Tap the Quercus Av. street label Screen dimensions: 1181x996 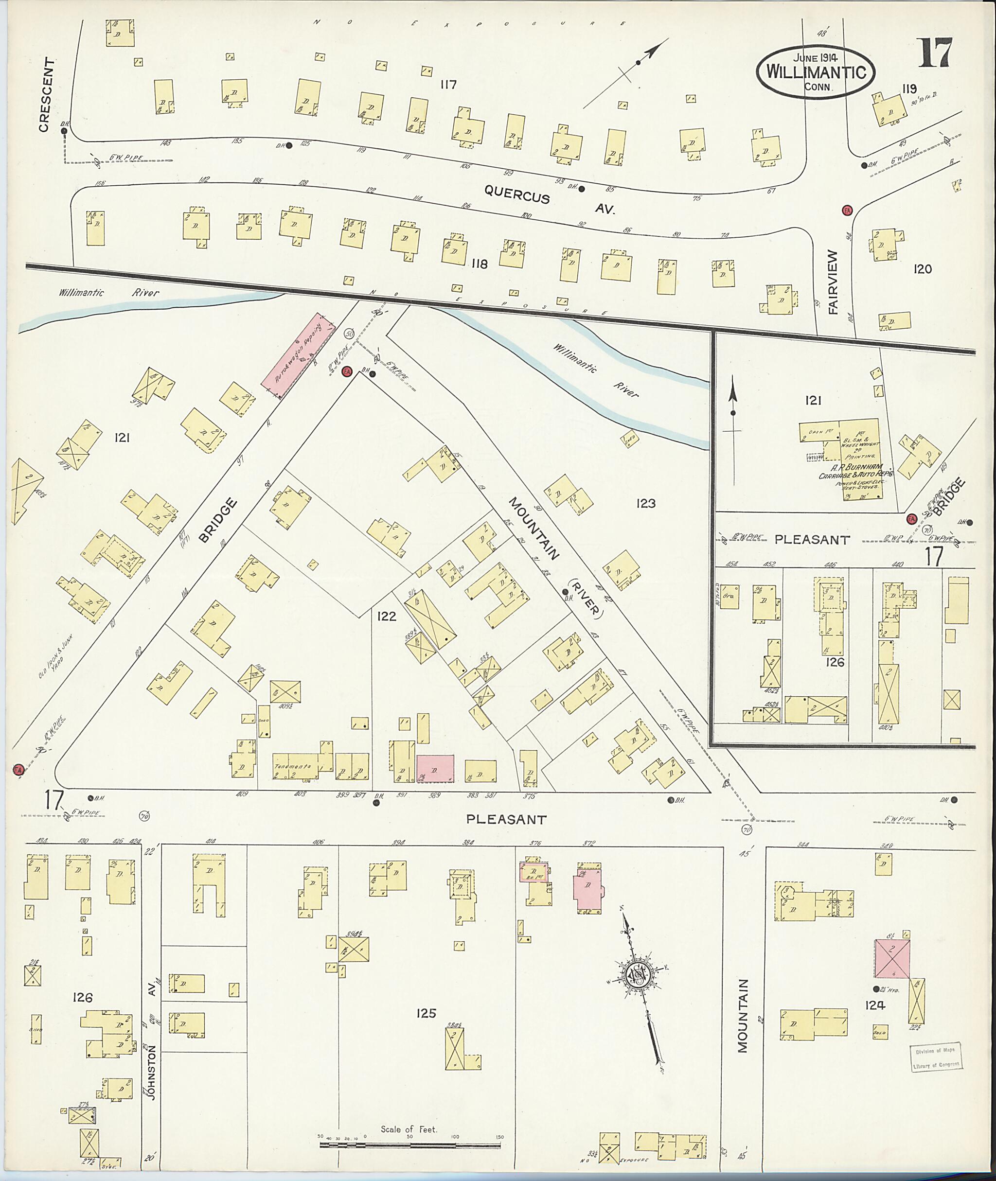click(549, 202)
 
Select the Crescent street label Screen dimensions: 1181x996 click(48, 95)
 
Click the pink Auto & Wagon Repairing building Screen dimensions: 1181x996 click(298, 357)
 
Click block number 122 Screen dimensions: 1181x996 click(386, 616)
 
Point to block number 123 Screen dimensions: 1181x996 click(645, 503)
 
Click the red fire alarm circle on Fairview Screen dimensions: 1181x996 click(846, 210)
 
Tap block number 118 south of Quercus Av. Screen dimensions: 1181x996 click(479, 264)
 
